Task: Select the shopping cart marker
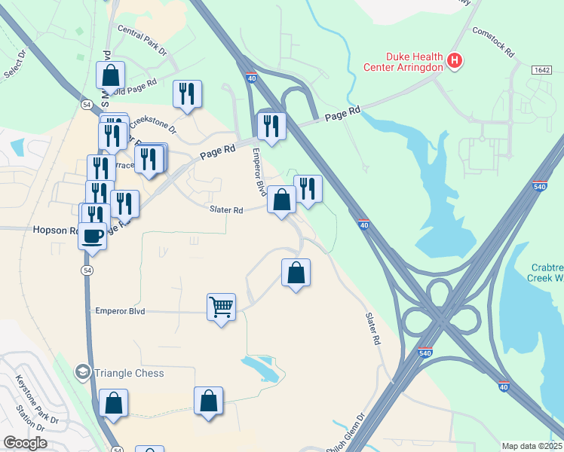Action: [x=221, y=307]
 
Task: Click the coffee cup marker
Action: [x=93, y=236]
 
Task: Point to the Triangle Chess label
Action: [x=129, y=373]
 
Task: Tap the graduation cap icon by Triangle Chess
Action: [x=82, y=372]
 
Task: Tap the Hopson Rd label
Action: [x=54, y=231]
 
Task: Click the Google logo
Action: [x=24, y=443]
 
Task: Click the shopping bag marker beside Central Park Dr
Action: [x=110, y=75]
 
